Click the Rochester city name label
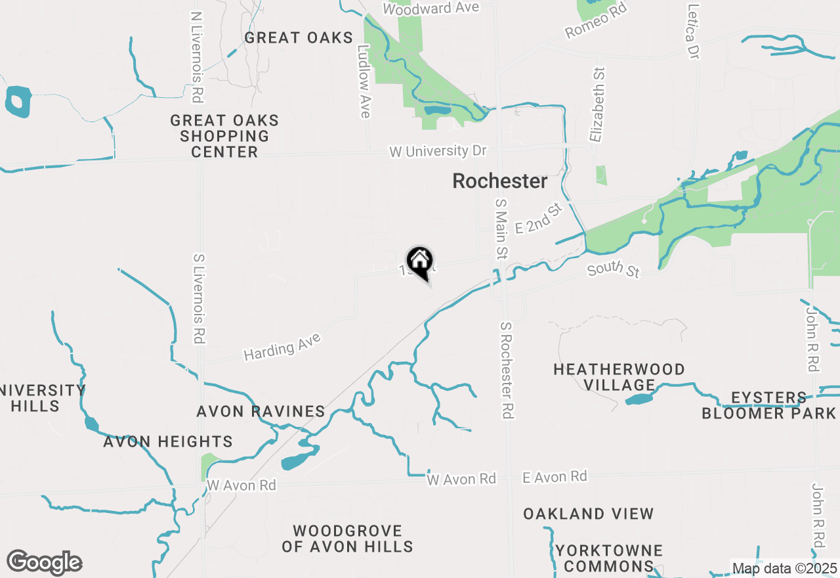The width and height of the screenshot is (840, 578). [x=499, y=181]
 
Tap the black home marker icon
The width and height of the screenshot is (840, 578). [x=419, y=261]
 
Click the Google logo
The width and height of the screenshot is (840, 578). [x=44, y=563]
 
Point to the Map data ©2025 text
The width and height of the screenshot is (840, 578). [x=784, y=568]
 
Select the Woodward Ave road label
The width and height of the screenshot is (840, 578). [x=431, y=9]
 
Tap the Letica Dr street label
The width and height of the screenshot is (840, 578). [x=692, y=32]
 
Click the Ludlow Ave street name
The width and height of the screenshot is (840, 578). [x=364, y=81]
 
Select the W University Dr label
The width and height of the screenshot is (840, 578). [x=438, y=151]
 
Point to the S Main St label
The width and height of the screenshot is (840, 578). [x=502, y=229]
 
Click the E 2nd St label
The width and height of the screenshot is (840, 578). [x=539, y=219]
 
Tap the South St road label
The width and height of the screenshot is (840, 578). [x=614, y=269]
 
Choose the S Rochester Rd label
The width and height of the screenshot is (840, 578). [x=506, y=370]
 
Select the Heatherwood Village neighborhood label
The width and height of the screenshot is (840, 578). [x=619, y=377]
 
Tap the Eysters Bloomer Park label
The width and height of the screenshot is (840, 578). [x=769, y=405]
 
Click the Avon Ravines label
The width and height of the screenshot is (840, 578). [x=261, y=412]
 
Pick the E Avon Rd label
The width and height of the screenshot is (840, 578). [x=555, y=476]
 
